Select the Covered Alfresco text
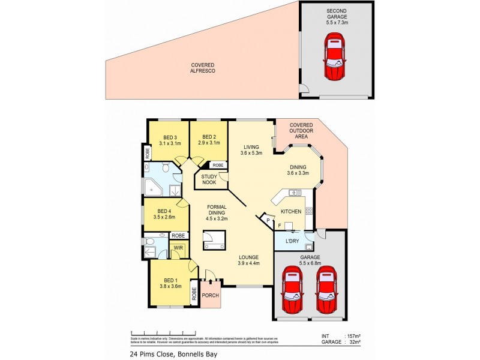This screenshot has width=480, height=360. click(203, 68)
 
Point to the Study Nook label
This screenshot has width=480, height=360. click(209, 179)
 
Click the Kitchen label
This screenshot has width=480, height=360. click(291, 211)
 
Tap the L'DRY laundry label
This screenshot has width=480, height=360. click(292, 241)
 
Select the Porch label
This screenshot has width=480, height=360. click(210, 295)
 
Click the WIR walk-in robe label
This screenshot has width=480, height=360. click(178, 248)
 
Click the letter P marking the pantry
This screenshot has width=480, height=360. click(268, 221)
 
